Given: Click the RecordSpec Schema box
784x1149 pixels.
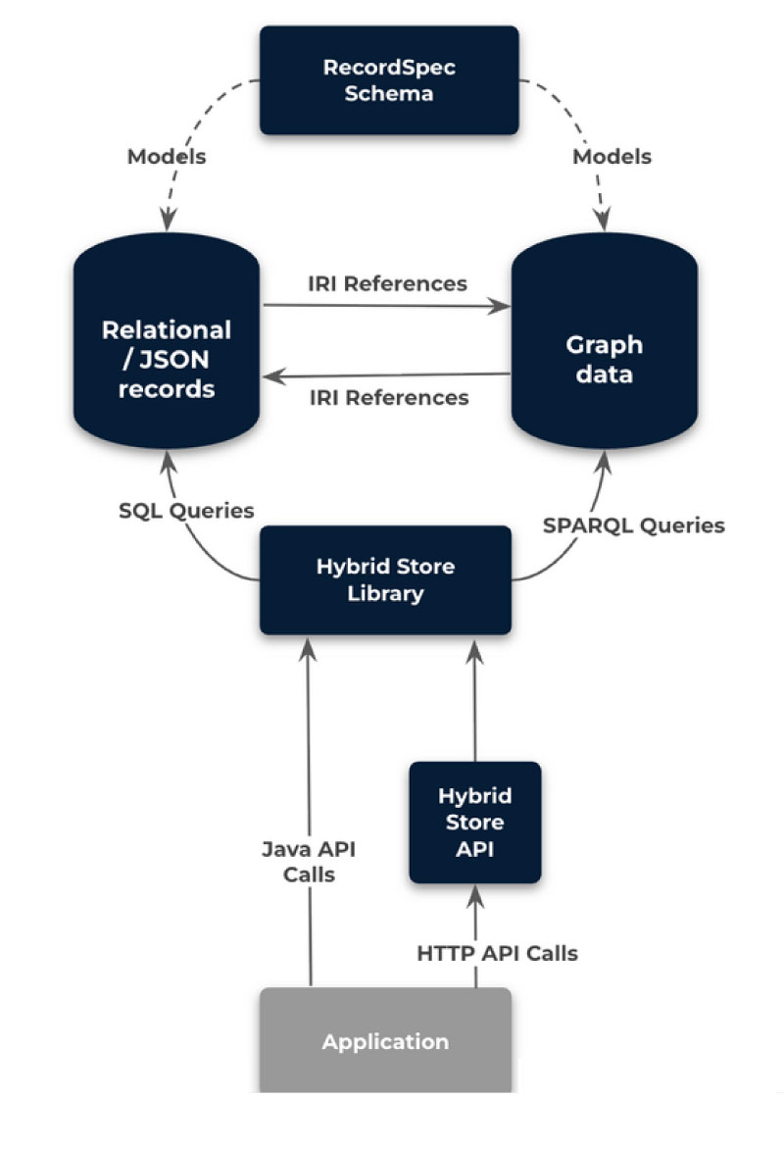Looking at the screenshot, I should pos(389,80).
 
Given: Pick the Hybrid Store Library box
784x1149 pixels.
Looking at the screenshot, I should pos(385,579).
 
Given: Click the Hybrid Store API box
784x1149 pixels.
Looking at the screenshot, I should pos(474,822).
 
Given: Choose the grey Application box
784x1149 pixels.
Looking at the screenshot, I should pos(385,1040).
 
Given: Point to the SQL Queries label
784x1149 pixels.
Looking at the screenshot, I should pos(187,510).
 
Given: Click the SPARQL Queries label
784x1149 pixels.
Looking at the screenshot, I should pos(633,525).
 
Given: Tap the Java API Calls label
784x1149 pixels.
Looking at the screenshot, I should pos(309,861).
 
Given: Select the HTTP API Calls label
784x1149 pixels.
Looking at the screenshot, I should pos(497,952).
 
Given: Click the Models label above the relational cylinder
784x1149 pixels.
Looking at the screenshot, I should pos(167,156).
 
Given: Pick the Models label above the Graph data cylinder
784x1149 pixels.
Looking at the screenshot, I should pos(612,156).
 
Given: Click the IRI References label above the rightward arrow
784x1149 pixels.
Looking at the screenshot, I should pos(387,283).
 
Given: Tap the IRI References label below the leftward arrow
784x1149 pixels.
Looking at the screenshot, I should pos(389,397).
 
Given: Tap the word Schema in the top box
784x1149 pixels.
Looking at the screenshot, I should pos(389,94).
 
